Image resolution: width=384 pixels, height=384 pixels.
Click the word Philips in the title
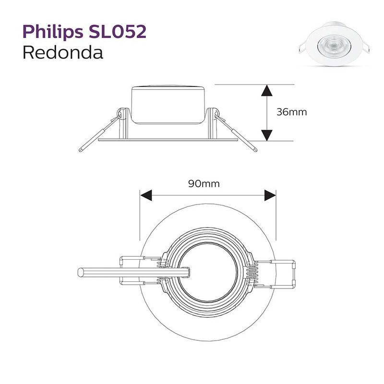tap(53, 32)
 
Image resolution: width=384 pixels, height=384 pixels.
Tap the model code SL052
tap(118, 31)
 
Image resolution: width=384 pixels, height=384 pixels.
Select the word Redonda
tap(63, 52)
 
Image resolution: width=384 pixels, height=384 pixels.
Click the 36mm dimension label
tap(291, 112)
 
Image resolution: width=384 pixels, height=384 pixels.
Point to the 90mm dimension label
tap(204, 183)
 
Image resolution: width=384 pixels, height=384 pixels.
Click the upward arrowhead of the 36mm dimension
tap(267, 90)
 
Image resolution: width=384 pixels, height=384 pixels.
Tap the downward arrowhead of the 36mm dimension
tap(267, 135)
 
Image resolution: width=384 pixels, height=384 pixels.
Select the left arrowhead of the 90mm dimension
tap(146, 195)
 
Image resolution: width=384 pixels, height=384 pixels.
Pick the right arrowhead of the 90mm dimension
tap(270, 195)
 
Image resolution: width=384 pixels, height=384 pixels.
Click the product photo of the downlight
tap(334, 44)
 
